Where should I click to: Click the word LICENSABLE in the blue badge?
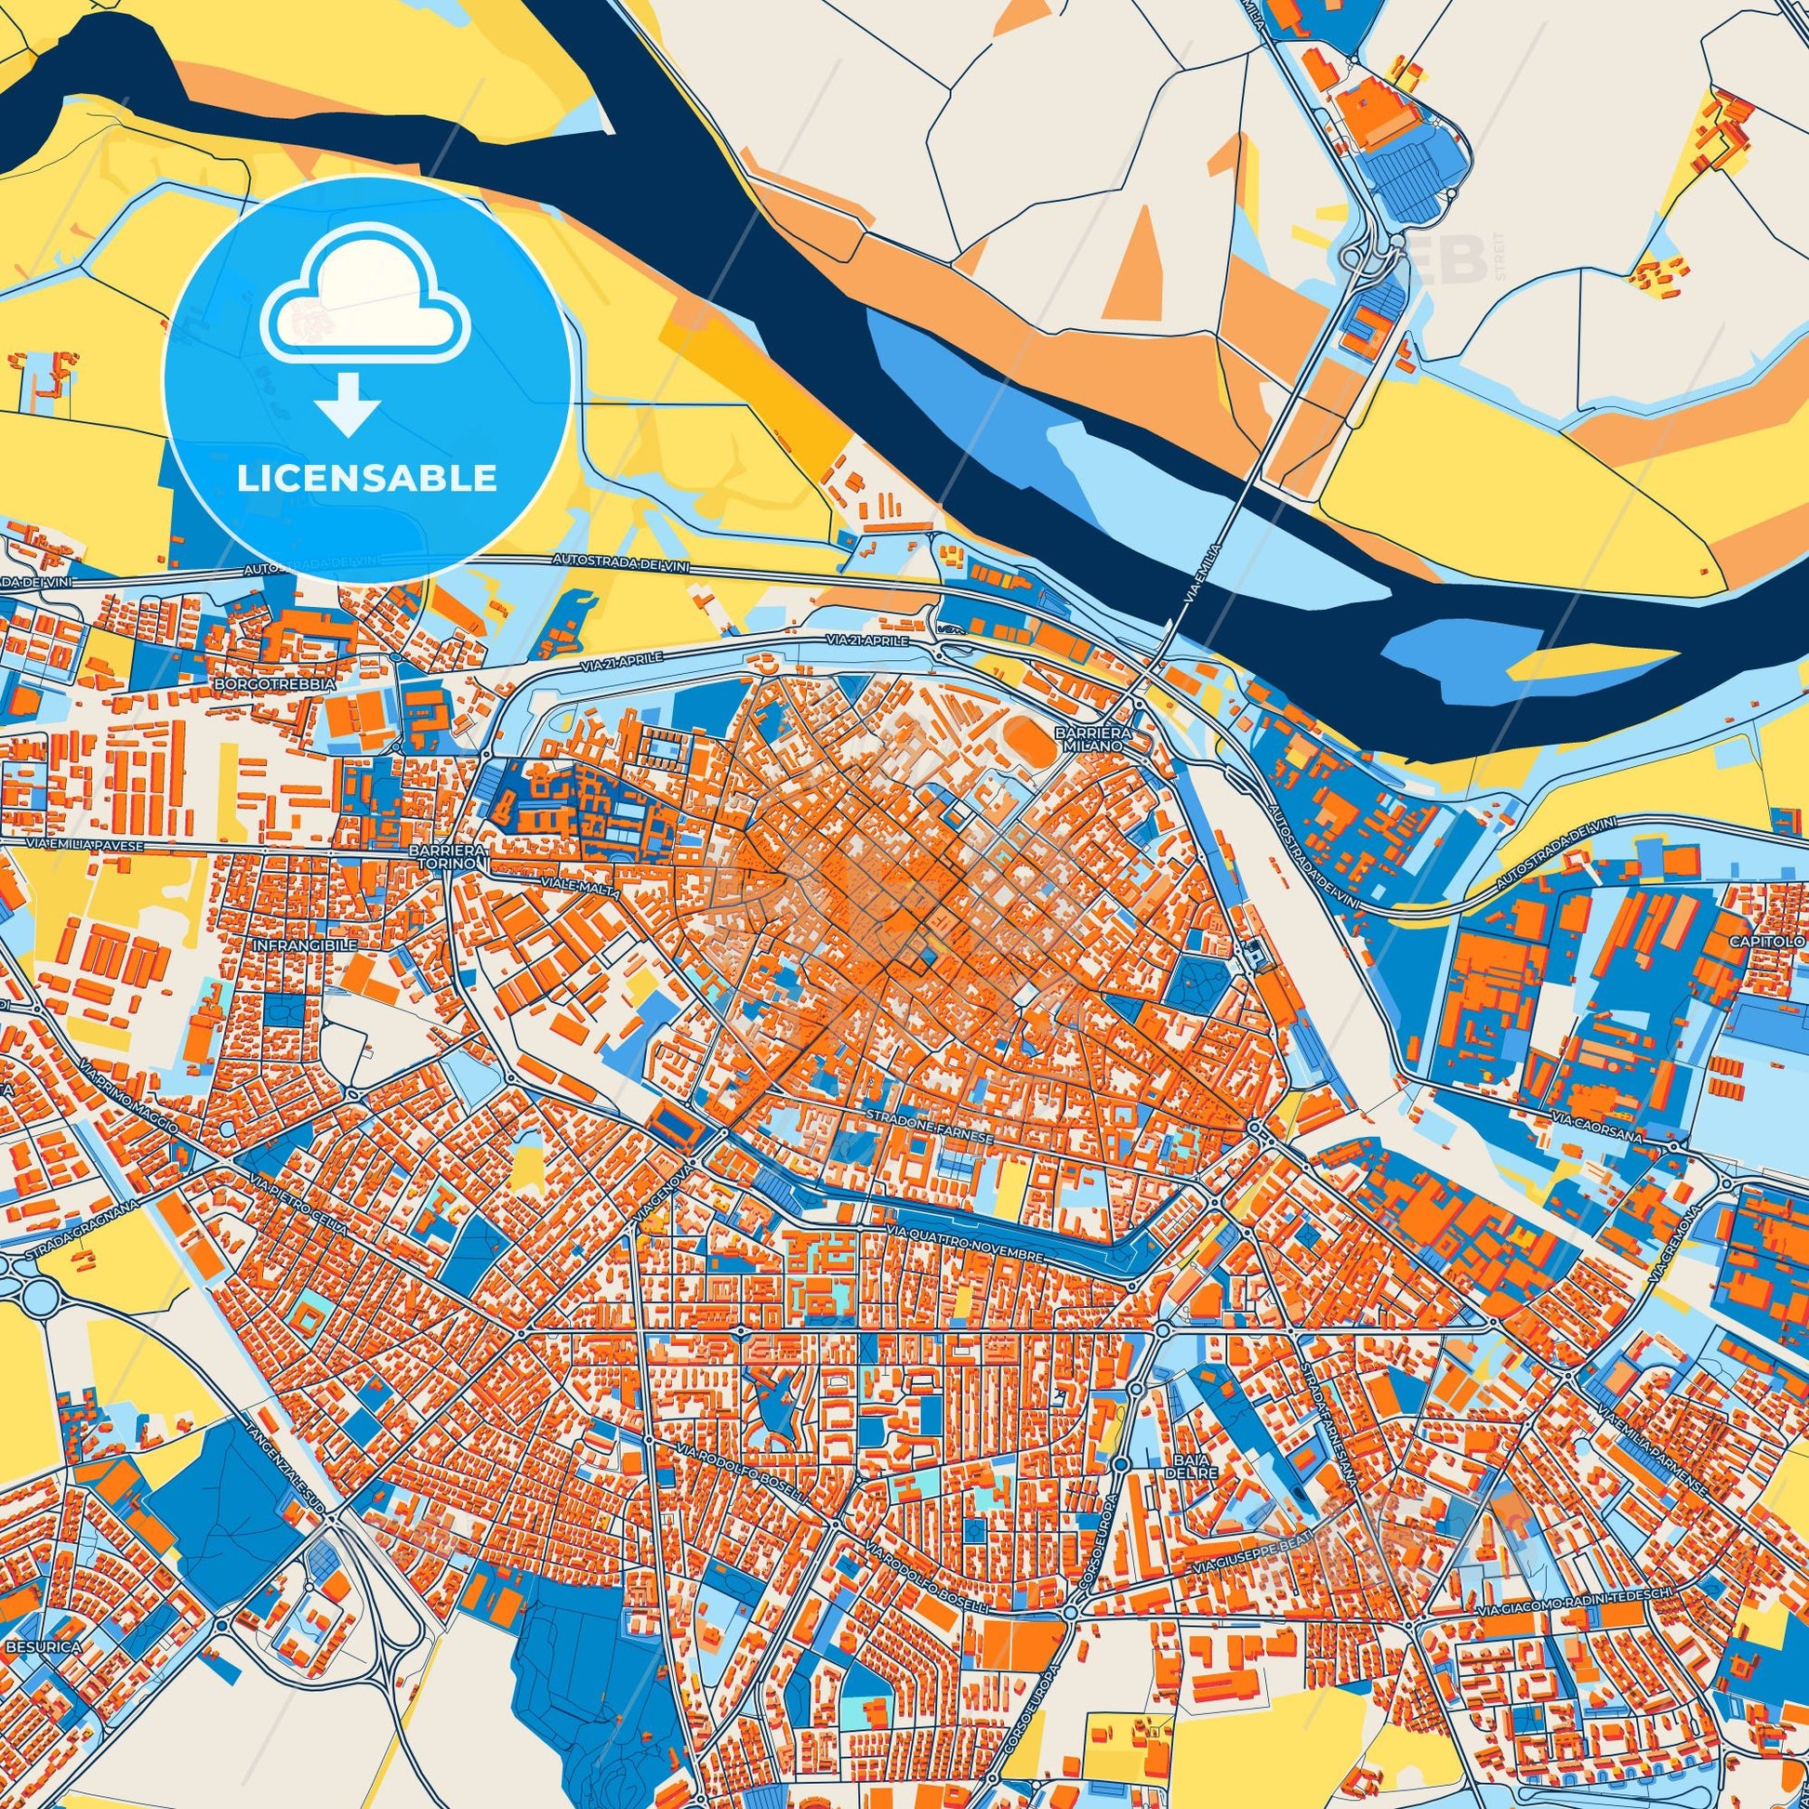pos(366,479)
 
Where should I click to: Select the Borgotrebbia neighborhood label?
pos(275,684)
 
